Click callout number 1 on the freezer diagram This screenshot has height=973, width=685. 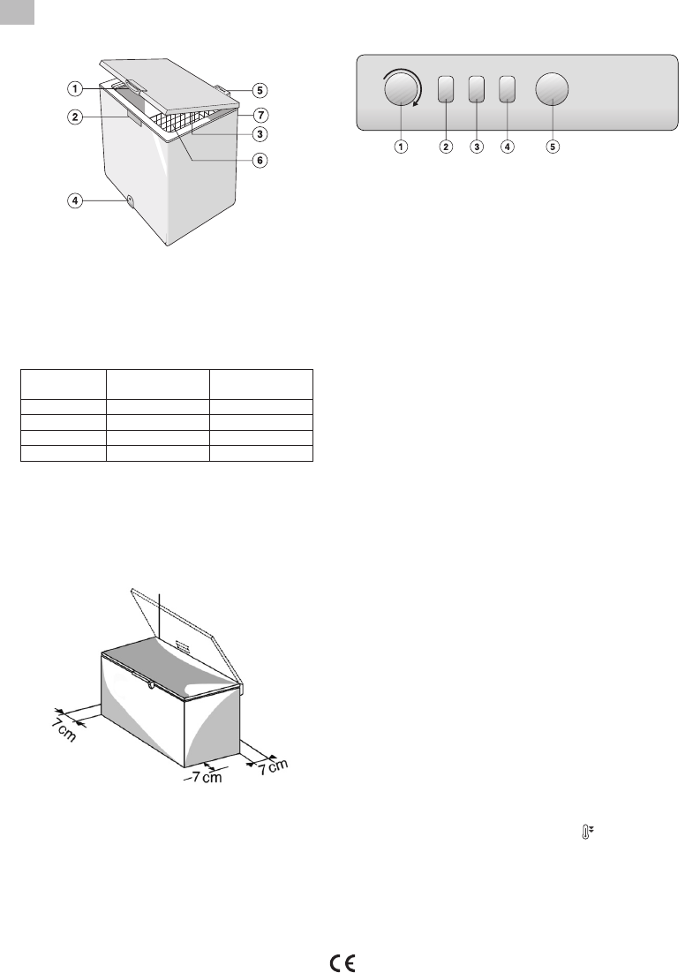coord(75,89)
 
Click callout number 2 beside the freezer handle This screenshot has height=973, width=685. coord(75,117)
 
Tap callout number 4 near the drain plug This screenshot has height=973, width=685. coord(75,200)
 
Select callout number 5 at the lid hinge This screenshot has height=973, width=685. coord(260,91)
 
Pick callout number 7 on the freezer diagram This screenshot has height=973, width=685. coord(260,116)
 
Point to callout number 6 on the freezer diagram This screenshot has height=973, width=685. coord(260,160)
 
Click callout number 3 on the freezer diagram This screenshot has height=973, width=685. coord(260,133)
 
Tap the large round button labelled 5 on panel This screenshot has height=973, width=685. coord(553,89)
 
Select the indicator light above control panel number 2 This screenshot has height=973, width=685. coord(446,89)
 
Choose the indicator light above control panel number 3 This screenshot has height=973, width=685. coord(477,89)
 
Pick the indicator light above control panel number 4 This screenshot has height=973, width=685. coord(507,89)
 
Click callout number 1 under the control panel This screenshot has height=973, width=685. coord(402,147)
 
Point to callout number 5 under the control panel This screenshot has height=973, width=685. coord(553,147)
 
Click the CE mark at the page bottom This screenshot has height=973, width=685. coord(342,963)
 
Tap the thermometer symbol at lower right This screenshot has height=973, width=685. coord(586,833)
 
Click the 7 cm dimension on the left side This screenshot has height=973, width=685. coord(64,729)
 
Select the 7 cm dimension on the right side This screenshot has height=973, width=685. coord(274,767)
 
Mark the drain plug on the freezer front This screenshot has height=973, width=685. coord(131,200)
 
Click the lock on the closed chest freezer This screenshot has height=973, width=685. coord(151,685)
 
